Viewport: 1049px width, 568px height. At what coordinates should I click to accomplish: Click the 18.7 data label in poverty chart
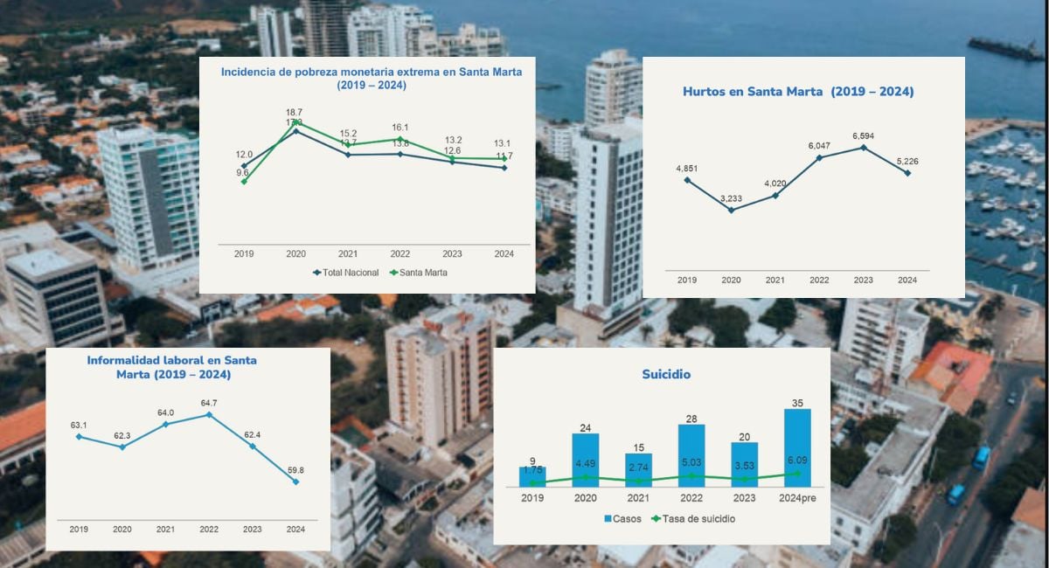click(x=294, y=113)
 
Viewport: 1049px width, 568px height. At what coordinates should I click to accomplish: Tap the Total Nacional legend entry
click(x=347, y=273)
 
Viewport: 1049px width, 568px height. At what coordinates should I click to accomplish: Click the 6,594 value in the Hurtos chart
click(x=864, y=135)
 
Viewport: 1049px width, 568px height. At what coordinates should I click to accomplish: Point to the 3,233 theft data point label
click(x=731, y=198)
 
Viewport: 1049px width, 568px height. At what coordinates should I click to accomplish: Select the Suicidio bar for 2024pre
click(x=797, y=447)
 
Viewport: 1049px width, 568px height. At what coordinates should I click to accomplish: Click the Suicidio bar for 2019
click(x=532, y=476)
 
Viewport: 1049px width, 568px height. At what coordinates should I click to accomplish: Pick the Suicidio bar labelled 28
click(x=691, y=455)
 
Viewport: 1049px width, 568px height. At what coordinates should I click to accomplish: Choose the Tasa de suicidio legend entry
click(x=697, y=519)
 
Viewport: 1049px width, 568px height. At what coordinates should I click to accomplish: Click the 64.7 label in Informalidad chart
click(x=209, y=403)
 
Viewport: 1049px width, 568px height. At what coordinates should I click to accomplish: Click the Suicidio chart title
click(x=667, y=374)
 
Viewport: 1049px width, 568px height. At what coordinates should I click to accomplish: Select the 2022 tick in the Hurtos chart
click(x=819, y=281)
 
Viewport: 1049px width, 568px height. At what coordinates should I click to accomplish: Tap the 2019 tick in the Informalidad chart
click(x=80, y=530)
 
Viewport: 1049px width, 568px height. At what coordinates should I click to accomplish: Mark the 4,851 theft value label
click(x=687, y=168)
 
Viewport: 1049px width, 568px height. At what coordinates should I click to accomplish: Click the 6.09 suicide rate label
click(x=797, y=460)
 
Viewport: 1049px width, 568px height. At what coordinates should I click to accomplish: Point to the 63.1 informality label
click(x=80, y=425)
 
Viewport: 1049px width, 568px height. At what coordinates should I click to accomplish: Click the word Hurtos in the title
click(x=710, y=92)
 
